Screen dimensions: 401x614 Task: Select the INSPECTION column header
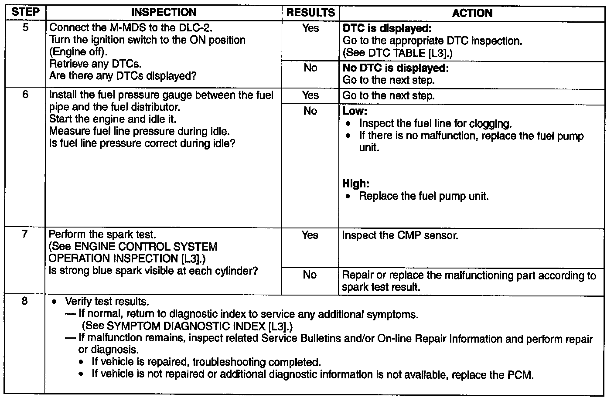pyautogui.click(x=164, y=13)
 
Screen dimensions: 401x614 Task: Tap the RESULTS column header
pyautogui.click(x=310, y=13)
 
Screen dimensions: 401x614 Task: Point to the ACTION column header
pyautogui.click(x=472, y=13)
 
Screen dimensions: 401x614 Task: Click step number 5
pyautogui.click(x=26, y=28)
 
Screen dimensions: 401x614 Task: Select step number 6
pyautogui.click(x=25, y=95)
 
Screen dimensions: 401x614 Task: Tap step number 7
pyautogui.click(x=25, y=234)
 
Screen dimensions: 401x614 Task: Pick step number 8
pyautogui.click(x=25, y=301)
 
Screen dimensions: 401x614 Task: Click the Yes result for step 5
pyautogui.click(x=310, y=28)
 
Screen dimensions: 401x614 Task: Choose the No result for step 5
pyautogui.click(x=310, y=68)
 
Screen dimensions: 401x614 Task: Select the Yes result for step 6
pyautogui.click(x=310, y=95)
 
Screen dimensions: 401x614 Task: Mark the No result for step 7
pyautogui.click(x=310, y=275)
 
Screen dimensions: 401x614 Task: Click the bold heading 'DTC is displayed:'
pyautogui.click(x=387, y=29)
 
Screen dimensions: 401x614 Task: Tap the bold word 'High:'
pyautogui.click(x=356, y=184)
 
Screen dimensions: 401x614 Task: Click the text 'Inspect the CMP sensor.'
pyautogui.click(x=400, y=236)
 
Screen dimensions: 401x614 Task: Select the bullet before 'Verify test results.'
pyautogui.click(x=55, y=302)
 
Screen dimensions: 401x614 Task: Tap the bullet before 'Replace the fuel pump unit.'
pyautogui.click(x=348, y=197)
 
